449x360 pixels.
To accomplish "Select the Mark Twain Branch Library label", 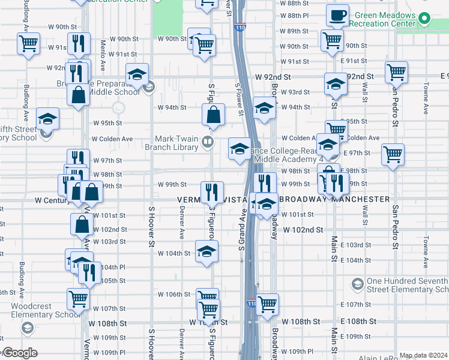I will [x=176, y=142].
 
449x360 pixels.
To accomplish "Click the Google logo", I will [x=19, y=353].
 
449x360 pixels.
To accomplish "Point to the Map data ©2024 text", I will [x=423, y=355].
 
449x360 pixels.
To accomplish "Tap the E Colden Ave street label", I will [x=363, y=138].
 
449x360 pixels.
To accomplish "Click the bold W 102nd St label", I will [x=303, y=230].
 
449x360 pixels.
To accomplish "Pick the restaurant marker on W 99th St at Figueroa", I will [x=211, y=192].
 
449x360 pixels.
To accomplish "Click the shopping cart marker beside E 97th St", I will [x=393, y=155].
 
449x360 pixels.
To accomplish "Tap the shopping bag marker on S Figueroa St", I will [x=214, y=114].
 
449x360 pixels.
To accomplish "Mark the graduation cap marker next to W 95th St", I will [x=47, y=119].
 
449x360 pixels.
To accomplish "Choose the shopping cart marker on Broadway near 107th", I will [x=267, y=304].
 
